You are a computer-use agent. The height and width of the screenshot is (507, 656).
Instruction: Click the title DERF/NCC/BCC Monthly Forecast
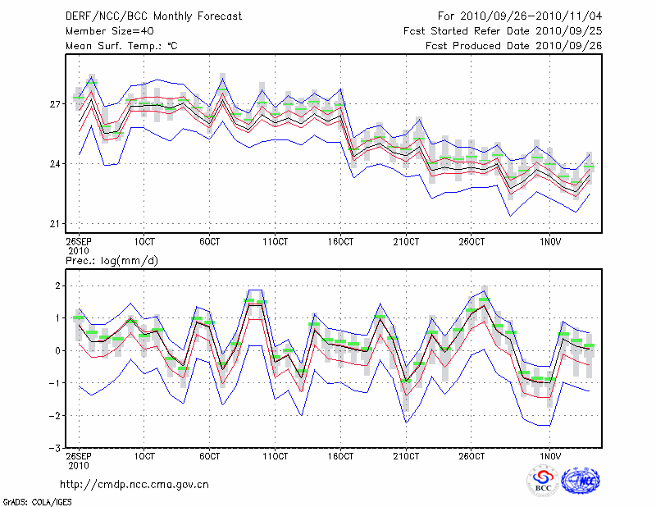coord(153,17)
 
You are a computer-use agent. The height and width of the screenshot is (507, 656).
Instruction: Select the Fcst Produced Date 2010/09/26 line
coord(513,46)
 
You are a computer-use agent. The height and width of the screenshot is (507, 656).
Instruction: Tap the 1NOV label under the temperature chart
coord(550,241)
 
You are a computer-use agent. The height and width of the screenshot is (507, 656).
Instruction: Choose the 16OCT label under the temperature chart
coord(340,241)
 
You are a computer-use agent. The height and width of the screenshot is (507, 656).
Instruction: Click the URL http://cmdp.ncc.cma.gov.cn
coord(134,484)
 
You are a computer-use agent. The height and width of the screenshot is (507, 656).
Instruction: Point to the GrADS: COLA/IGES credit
coord(37,500)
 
